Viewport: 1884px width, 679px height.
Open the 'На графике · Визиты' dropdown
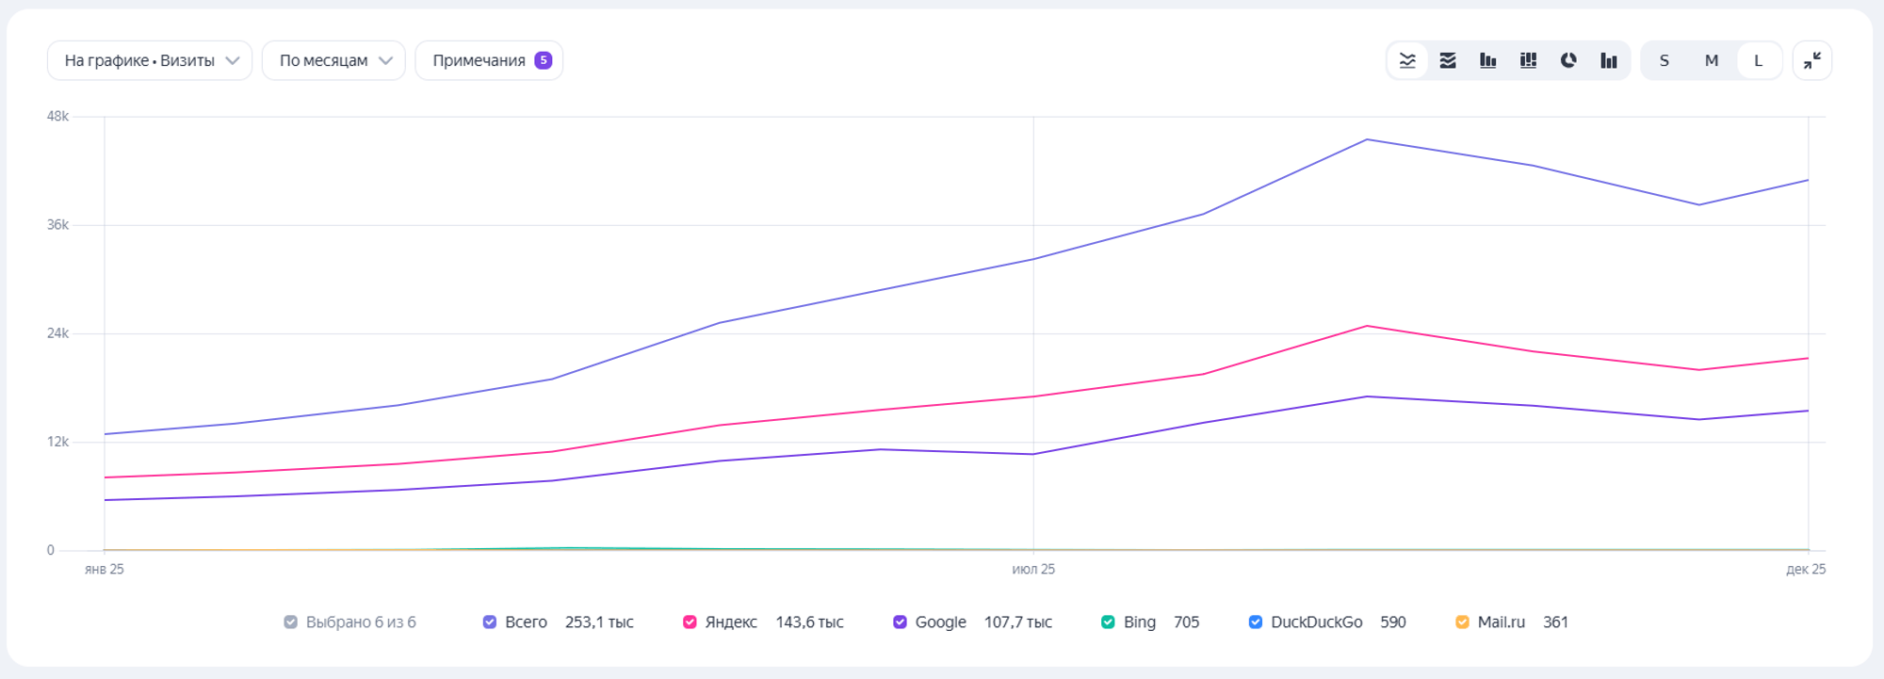[150, 60]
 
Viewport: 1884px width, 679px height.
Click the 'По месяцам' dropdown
[333, 60]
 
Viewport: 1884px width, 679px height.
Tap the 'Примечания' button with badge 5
[489, 60]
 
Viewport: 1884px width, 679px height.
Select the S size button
[1665, 60]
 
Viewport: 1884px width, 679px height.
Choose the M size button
[1712, 60]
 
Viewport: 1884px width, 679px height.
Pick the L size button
[1758, 60]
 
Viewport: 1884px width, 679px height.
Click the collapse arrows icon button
[1812, 60]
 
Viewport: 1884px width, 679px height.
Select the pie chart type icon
[1568, 60]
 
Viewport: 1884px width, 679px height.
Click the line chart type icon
[1407, 60]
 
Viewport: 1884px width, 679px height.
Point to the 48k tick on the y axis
[57, 116]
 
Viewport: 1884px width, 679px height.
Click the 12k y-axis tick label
[57, 442]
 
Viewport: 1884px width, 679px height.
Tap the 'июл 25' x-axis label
[1033, 569]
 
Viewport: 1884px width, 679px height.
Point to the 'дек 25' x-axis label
[1806, 569]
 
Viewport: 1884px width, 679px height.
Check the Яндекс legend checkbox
[690, 622]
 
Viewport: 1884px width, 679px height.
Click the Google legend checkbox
[900, 622]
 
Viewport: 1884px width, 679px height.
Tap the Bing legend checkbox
[1108, 622]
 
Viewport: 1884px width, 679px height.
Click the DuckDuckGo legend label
[1316, 622]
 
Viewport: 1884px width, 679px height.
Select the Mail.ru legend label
[1501, 622]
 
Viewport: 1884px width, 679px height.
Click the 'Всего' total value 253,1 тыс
[599, 622]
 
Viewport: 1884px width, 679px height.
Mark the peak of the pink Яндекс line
[1367, 326]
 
